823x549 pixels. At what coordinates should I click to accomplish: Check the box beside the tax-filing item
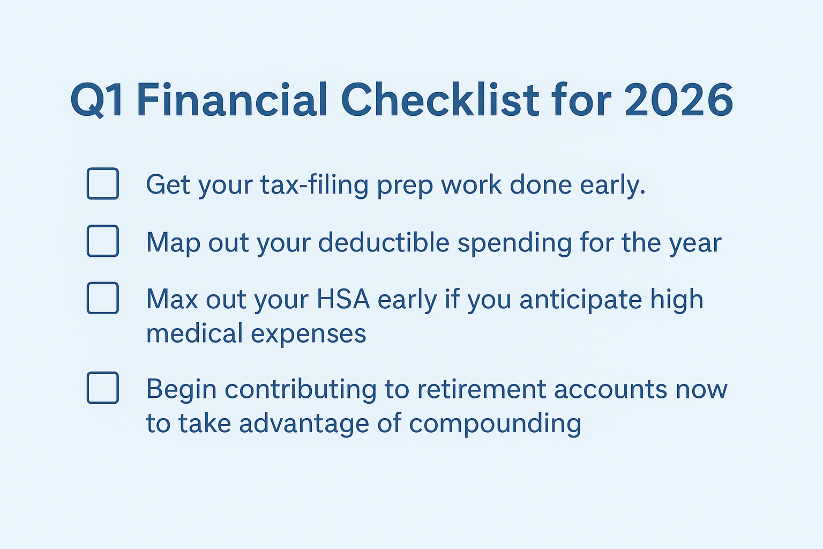pyautogui.click(x=103, y=184)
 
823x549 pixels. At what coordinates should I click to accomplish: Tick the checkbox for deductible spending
pyautogui.click(x=103, y=241)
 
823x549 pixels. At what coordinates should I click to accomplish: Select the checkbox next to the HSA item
pyautogui.click(x=103, y=298)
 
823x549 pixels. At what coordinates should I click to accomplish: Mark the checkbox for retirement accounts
pyautogui.click(x=103, y=388)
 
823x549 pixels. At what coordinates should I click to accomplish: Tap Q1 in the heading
pyautogui.click(x=97, y=101)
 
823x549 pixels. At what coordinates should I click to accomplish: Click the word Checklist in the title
pyautogui.click(x=440, y=101)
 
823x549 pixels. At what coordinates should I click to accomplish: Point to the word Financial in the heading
pyautogui.click(x=231, y=101)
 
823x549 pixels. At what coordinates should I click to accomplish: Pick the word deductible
pyautogui.click(x=384, y=242)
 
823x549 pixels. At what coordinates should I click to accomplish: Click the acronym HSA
pyautogui.click(x=343, y=299)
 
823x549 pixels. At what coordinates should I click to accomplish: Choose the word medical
pyautogui.click(x=194, y=333)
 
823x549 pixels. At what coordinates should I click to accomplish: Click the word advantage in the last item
pyautogui.click(x=304, y=424)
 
